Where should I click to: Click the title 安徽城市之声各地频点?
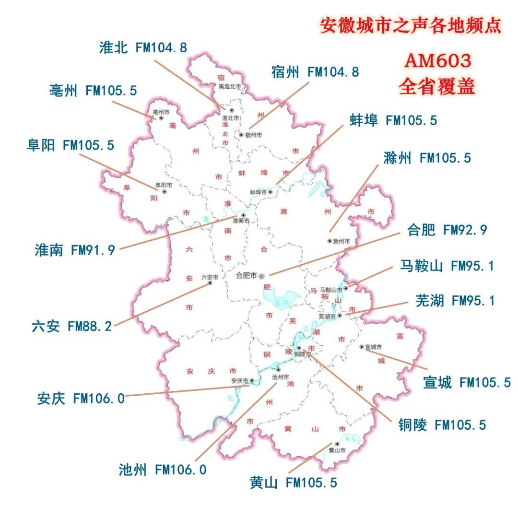[411, 25]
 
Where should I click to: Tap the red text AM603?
[437, 61]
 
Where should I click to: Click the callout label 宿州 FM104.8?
[314, 72]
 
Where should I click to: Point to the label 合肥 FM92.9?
[447, 230]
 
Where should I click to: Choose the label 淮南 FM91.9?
[75, 250]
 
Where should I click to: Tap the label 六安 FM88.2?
[71, 327]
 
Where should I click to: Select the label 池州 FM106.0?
[163, 470]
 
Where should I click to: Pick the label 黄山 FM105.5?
[294, 483]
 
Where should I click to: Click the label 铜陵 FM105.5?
[442, 424]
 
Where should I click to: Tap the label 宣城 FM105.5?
[467, 382]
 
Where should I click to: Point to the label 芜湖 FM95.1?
[455, 301]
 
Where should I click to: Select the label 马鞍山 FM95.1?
[447, 266]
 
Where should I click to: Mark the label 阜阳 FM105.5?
[71, 145]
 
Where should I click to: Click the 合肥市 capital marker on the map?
[262, 277]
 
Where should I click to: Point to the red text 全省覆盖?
[437, 86]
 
